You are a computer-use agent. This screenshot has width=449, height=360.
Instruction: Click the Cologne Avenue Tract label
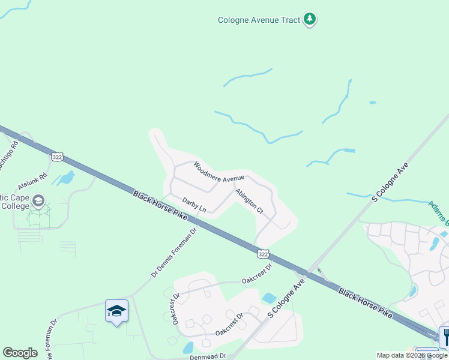tap(259, 20)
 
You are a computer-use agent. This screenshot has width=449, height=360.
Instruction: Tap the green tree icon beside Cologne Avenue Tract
tap(310, 19)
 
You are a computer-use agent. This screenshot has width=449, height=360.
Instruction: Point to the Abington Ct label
tap(249, 201)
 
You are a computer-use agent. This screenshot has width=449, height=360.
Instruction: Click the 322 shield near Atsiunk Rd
tap(57, 157)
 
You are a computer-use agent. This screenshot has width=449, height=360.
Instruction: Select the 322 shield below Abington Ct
tap(263, 254)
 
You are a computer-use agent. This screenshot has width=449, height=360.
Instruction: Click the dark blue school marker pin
tap(116, 311)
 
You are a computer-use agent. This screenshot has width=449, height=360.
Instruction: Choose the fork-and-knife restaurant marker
tap(445, 336)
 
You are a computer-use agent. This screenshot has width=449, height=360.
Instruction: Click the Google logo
tap(20, 353)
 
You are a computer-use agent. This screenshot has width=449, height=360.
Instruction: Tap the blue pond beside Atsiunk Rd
tap(65, 178)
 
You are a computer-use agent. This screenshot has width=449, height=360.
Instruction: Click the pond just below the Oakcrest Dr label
tap(270, 298)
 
